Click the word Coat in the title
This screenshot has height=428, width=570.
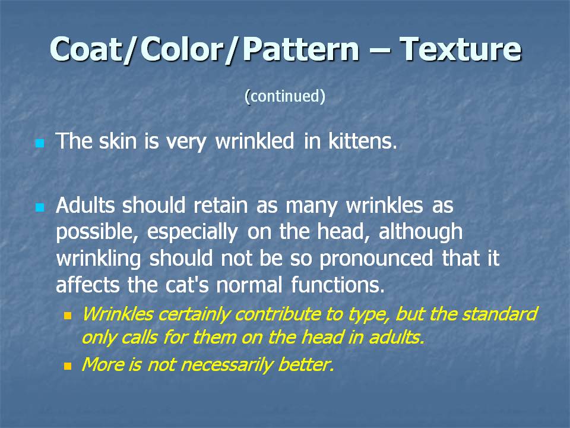click(85, 49)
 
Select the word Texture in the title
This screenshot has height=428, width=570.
click(461, 49)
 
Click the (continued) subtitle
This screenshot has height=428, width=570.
click(285, 96)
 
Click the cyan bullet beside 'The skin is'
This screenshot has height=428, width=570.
click(40, 143)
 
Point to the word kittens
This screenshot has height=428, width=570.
click(362, 141)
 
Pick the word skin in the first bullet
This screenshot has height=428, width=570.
click(118, 141)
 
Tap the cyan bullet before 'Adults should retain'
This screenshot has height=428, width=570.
click(40, 207)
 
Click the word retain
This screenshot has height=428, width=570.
click(220, 205)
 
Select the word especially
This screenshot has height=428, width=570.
click(192, 232)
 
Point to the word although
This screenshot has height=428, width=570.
click(420, 232)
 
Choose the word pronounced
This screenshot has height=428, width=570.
click(376, 259)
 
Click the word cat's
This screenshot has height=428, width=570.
click(187, 285)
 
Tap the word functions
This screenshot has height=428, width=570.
click(337, 285)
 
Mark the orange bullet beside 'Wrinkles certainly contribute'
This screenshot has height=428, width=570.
click(68, 315)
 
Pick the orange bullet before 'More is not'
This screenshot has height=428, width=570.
click(68, 366)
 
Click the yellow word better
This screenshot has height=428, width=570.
click(306, 364)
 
